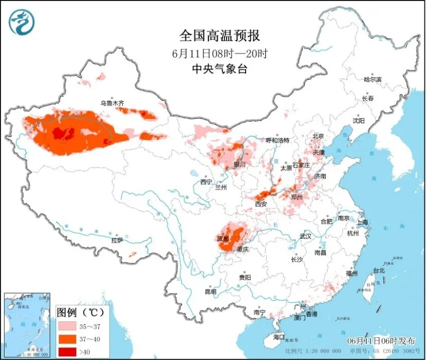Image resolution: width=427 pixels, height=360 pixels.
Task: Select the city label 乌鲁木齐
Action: [x=112, y=103]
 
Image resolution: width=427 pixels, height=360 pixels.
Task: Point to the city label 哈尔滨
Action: [x=373, y=80]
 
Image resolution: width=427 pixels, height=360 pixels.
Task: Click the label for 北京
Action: [x=319, y=137]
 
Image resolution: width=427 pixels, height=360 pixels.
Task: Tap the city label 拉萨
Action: [x=117, y=240]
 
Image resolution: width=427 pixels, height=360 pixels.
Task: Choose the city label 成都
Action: [x=223, y=239]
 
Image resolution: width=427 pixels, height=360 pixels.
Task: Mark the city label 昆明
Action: [x=211, y=292]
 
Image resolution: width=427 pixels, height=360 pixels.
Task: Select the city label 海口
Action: [x=279, y=337]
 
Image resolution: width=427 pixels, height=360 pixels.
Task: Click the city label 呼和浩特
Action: [x=277, y=140]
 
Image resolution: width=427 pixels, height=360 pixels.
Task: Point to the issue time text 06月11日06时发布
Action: [x=384, y=341]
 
